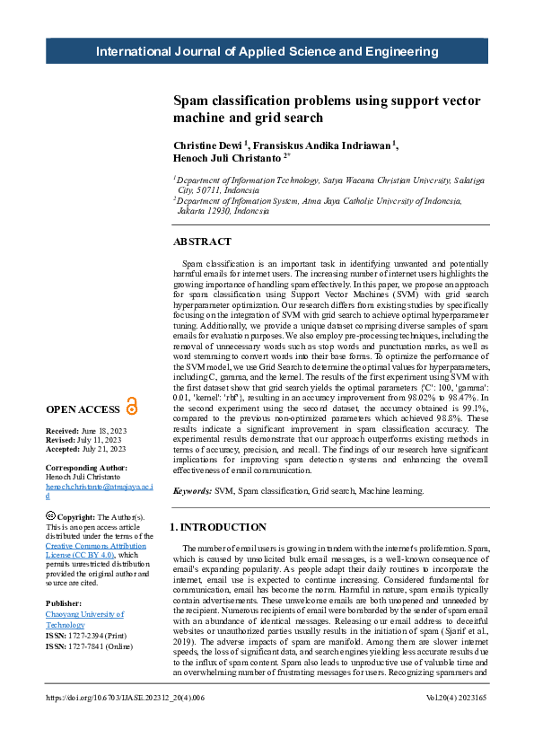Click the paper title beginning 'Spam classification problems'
pyautogui.click(x=322, y=109)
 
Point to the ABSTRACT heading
pyautogui.click(x=202, y=242)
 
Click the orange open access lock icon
pyautogui.click(x=132, y=407)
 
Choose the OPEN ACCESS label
pyautogui.click(x=83, y=409)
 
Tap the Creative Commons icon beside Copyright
pyautogui.click(x=50, y=516)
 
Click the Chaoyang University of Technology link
pyautogui.click(x=83, y=619)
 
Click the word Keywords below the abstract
pyautogui.click(x=192, y=491)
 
